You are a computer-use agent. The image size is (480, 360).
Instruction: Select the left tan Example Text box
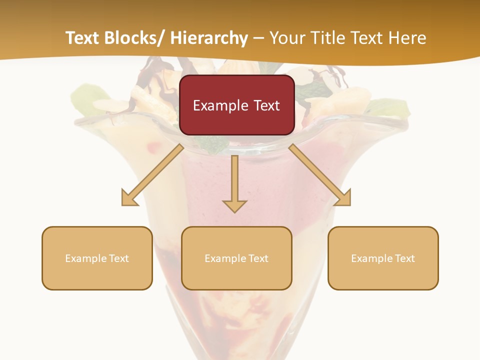(97, 258)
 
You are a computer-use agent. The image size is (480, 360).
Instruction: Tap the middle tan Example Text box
(236, 258)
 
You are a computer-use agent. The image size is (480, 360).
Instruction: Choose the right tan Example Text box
(383, 258)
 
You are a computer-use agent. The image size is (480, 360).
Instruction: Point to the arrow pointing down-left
(152, 175)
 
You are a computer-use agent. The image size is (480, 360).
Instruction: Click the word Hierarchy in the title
(209, 38)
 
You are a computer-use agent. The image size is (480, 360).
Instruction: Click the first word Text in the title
(84, 38)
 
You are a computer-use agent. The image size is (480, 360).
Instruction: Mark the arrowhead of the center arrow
(234, 205)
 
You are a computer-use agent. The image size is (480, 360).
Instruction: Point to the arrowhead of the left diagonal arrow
(128, 198)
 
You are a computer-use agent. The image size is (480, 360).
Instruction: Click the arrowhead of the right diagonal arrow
(343, 198)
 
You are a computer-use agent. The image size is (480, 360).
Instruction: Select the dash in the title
(258, 38)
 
